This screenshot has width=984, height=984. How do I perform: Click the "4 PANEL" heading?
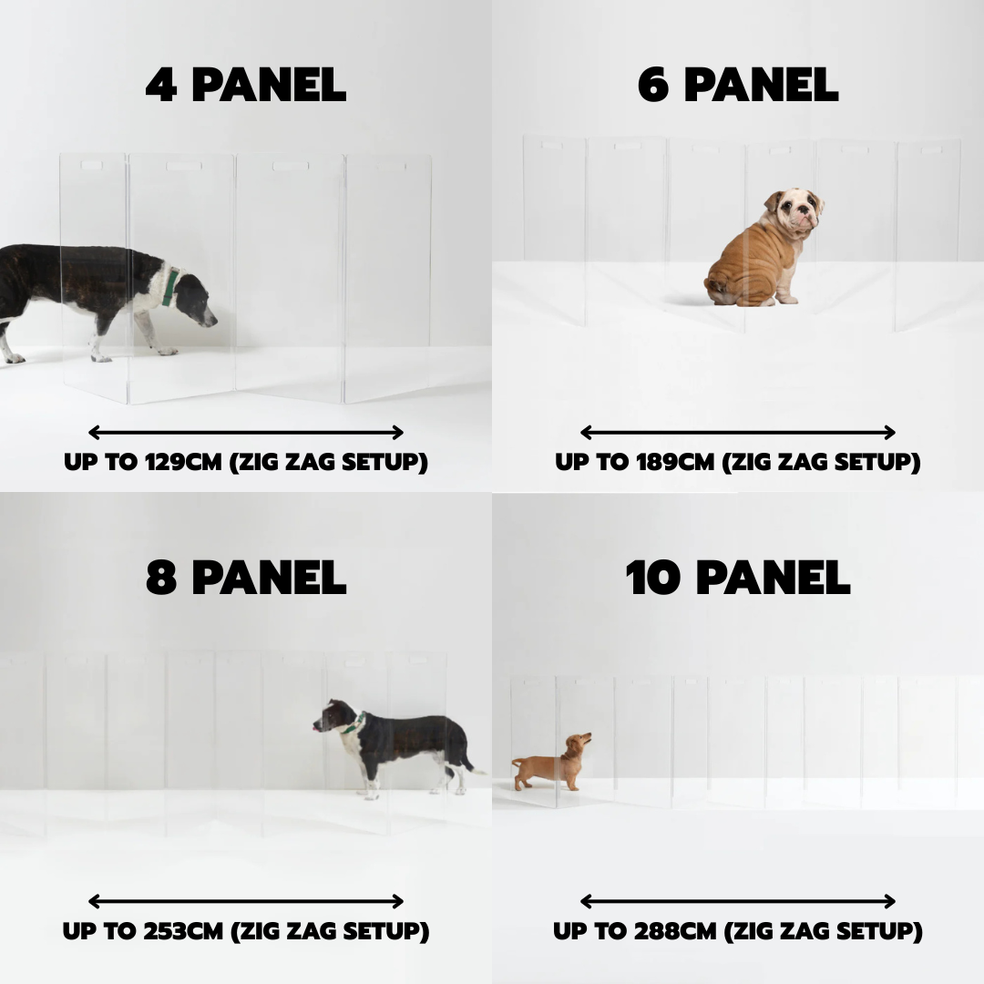pyautogui.click(x=245, y=86)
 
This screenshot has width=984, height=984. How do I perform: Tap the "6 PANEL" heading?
pyautogui.click(x=737, y=86)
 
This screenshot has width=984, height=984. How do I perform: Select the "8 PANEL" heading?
pyautogui.click(x=245, y=578)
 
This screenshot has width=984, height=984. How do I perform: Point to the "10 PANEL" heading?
pyautogui.click(x=737, y=578)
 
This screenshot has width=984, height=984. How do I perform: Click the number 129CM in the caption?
pyautogui.click(x=183, y=462)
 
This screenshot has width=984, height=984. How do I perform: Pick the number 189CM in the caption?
pyautogui.click(x=675, y=462)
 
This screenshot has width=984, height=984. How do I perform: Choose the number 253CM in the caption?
pyautogui.click(x=183, y=931)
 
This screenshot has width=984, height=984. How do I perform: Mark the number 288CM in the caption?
pyautogui.click(x=675, y=931)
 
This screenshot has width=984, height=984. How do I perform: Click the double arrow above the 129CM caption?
pyautogui.click(x=245, y=433)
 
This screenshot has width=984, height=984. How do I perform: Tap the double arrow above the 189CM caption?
pyautogui.click(x=737, y=433)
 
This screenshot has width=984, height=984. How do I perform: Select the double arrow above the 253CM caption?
pyautogui.click(x=245, y=902)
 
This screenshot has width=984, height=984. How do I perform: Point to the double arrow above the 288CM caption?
pyautogui.click(x=737, y=902)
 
